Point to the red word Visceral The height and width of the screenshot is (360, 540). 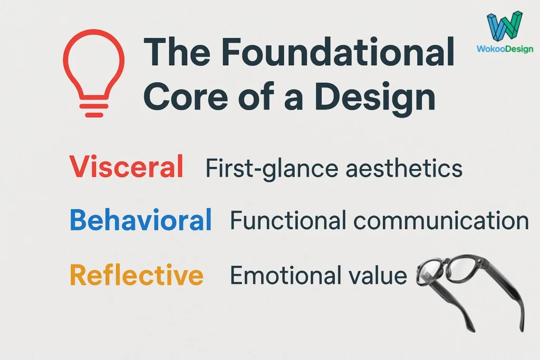point(126,167)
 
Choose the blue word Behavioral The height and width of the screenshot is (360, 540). point(140,220)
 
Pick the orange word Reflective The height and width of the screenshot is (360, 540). point(136,275)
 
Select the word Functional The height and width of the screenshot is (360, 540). point(288,220)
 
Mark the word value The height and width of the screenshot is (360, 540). point(380,275)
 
